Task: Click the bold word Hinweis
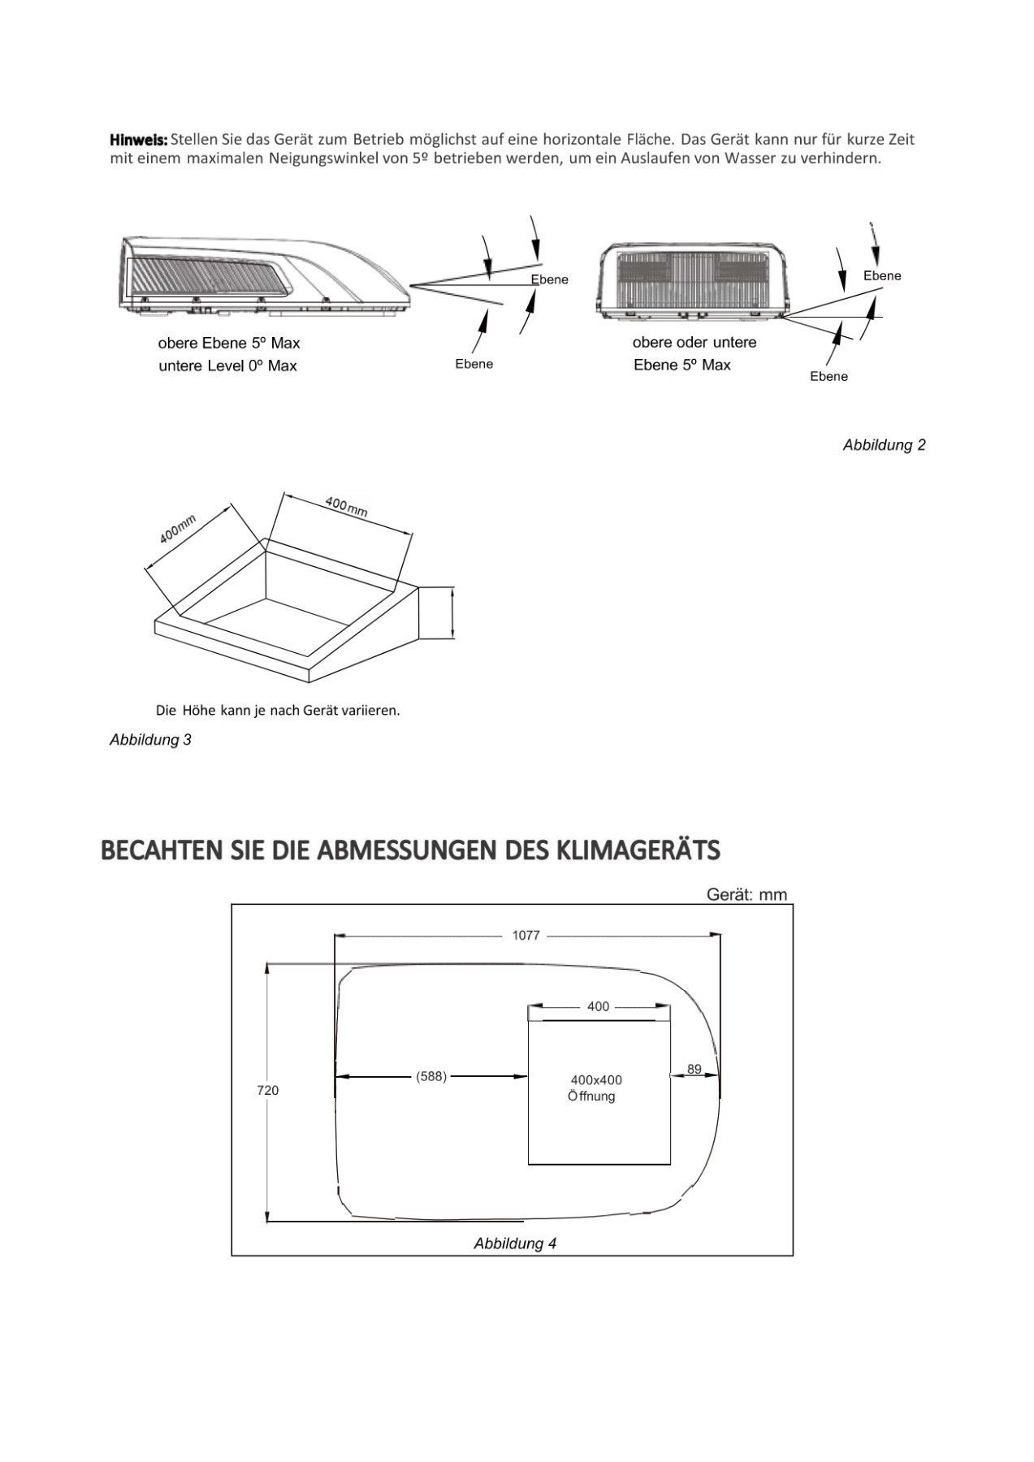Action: pos(138,140)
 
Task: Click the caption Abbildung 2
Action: pos(884,445)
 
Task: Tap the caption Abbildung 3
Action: pos(150,740)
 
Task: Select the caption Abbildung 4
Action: pos(515,1244)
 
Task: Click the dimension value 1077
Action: pos(526,936)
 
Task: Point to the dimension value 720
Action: pos(268,1090)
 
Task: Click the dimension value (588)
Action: pos(431,1077)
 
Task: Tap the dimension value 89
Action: pos(694,1069)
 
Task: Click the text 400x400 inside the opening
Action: pos(596,1080)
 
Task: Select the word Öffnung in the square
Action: pos(591,1096)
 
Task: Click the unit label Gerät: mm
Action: pos(746,894)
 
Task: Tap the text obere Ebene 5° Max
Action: pos(228,343)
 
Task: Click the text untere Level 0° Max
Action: pos(227,366)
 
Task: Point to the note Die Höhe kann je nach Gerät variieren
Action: pos(278,711)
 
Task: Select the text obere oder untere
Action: pos(694,343)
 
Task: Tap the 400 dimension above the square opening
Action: pos(598,1007)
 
